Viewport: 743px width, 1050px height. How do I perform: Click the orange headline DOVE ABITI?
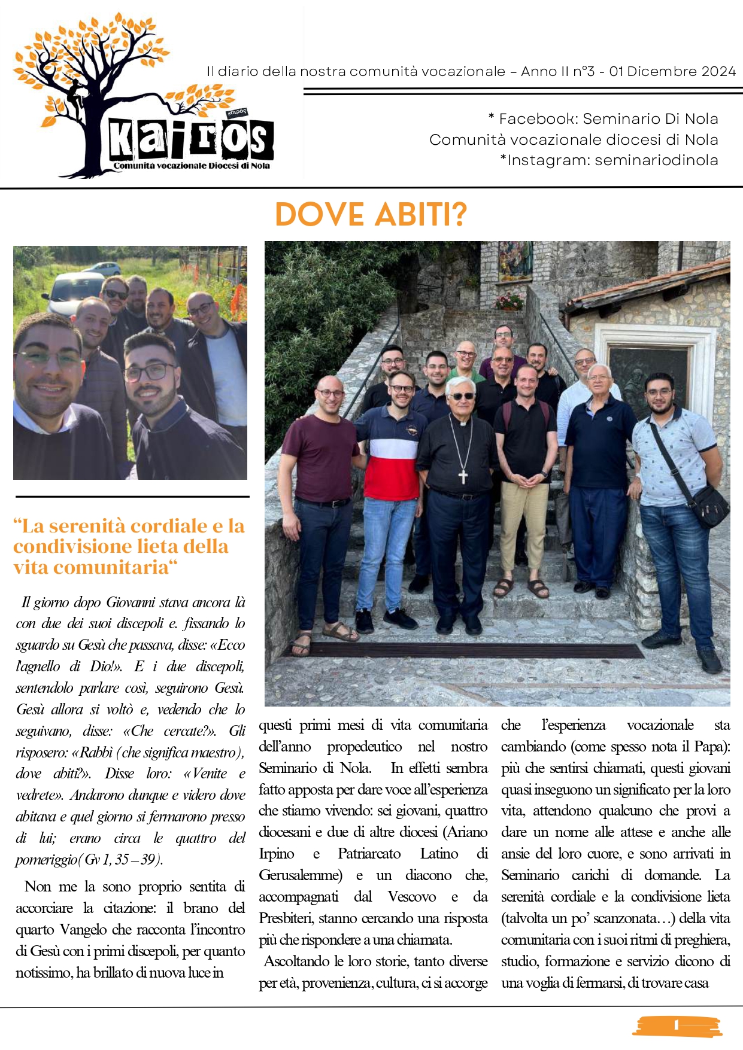[x=371, y=215]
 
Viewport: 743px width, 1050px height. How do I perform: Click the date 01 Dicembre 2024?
[x=672, y=72]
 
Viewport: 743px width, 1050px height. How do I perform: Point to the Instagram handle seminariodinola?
[x=656, y=160]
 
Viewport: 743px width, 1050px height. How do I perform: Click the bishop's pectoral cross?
[x=462, y=476]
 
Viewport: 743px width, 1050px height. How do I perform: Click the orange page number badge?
[x=677, y=1025]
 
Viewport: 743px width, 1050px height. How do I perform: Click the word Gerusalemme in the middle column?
[x=300, y=875]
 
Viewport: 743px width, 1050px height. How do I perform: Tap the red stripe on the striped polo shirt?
[x=390, y=476]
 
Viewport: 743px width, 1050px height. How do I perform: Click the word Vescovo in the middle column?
[x=411, y=897]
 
